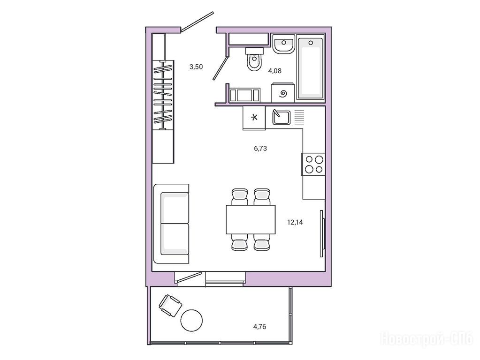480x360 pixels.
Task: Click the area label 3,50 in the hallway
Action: [196, 67]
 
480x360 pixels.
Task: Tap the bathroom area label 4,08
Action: [274, 71]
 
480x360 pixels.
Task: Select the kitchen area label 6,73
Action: [260, 149]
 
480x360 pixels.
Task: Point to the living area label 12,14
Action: [295, 222]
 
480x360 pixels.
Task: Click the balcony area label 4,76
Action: [259, 327]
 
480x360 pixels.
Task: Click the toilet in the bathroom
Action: [255, 59]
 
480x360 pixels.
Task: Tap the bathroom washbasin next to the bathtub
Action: [284, 44]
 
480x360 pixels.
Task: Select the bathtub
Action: [311, 67]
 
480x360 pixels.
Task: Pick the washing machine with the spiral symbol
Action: [283, 92]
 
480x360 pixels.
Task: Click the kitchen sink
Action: [282, 117]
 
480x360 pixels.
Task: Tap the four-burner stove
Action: [313, 164]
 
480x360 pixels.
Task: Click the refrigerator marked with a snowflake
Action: [254, 118]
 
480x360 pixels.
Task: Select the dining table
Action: [251, 219]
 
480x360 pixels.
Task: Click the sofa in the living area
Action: [171, 224]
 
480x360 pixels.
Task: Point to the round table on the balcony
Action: [191, 321]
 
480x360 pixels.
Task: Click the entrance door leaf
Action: [197, 22]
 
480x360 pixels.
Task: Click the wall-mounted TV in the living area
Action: [321, 233]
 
